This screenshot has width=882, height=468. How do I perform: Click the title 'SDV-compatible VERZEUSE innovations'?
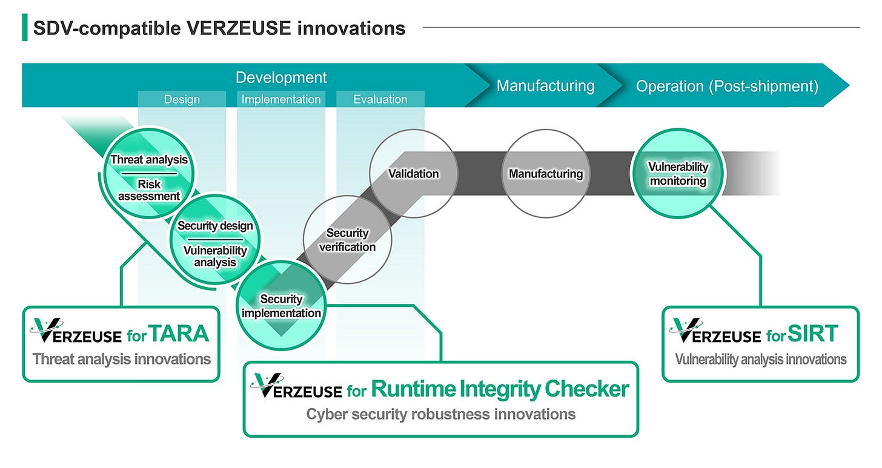click(x=219, y=28)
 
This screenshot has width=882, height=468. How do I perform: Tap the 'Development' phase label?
click(x=281, y=77)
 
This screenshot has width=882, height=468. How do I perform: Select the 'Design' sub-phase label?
click(x=182, y=99)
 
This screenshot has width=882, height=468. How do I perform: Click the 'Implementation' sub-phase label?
click(x=281, y=99)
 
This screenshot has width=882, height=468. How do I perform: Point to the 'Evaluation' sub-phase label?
click(x=380, y=99)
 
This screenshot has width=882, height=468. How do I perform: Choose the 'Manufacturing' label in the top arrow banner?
click(x=545, y=86)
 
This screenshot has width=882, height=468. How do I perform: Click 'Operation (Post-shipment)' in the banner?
click(x=727, y=86)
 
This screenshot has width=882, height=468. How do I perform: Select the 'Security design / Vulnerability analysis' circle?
click(x=215, y=242)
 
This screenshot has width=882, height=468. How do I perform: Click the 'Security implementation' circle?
click(x=281, y=306)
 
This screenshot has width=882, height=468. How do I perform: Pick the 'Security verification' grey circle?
click(x=348, y=240)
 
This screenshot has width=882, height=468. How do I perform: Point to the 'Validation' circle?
click(x=413, y=174)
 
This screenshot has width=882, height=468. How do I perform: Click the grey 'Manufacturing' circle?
click(x=546, y=174)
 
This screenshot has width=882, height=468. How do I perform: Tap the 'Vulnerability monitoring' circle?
click(x=678, y=173)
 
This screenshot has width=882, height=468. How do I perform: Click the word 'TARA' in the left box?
click(x=179, y=334)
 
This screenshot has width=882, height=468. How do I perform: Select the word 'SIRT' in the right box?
click(x=814, y=334)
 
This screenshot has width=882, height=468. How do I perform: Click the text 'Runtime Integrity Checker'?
click(x=500, y=389)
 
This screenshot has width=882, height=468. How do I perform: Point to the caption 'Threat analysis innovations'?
click(x=122, y=359)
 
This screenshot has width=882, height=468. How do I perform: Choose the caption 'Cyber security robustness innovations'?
click(x=440, y=414)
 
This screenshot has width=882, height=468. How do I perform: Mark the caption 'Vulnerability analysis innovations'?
click(x=760, y=359)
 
